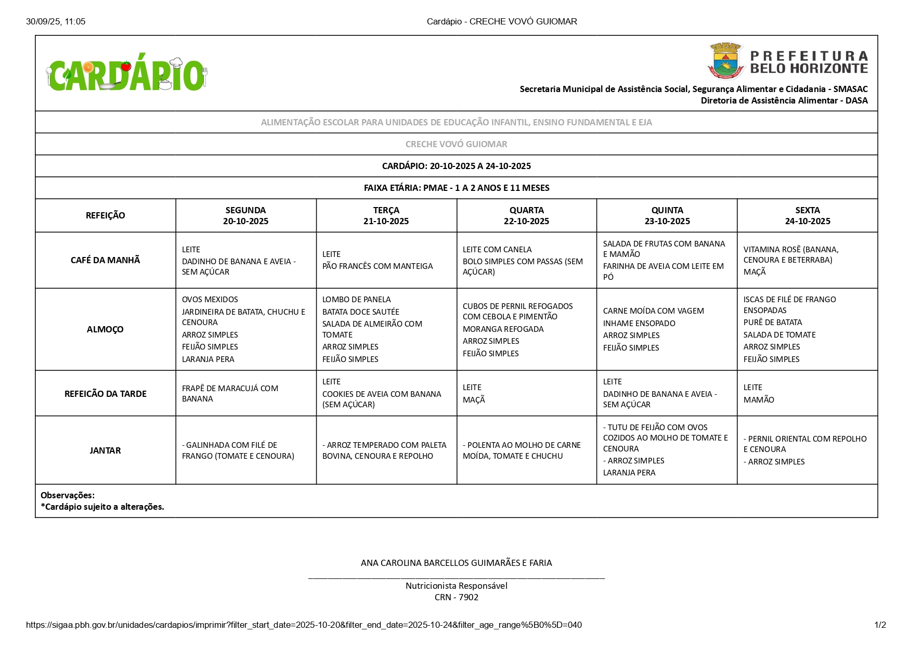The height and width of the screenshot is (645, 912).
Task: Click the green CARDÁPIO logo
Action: coord(127,74)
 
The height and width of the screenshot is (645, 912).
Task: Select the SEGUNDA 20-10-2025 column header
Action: coord(245,215)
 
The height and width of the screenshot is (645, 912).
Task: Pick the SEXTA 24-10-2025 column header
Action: coord(807,215)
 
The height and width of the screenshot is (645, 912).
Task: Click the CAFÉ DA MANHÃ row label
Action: coord(105,260)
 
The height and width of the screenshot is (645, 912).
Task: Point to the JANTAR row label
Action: coord(105,450)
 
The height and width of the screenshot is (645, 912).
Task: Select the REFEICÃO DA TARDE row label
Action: coord(105,394)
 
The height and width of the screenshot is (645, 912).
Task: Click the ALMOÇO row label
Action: coord(105,329)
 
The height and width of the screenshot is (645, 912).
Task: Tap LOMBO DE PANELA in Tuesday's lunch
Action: coord(356,300)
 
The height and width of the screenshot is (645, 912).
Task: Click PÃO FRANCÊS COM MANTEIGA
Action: coord(377,266)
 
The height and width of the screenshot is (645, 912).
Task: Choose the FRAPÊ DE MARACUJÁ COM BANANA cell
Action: coord(230,393)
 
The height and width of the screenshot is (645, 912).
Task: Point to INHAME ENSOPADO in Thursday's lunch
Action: coord(639,324)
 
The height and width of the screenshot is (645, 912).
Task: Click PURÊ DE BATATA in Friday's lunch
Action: coord(773,322)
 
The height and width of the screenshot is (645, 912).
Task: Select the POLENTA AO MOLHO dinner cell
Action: coord(522,450)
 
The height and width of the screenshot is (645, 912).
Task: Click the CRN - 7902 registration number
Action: coord(456,597)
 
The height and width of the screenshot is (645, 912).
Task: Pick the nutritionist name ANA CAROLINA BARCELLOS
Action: coord(456,563)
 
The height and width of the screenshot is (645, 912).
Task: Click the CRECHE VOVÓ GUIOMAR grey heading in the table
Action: coord(456,144)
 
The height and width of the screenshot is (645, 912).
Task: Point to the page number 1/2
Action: coord(880,625)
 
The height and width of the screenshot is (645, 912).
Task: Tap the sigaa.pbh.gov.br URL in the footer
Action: coord(304,625)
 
